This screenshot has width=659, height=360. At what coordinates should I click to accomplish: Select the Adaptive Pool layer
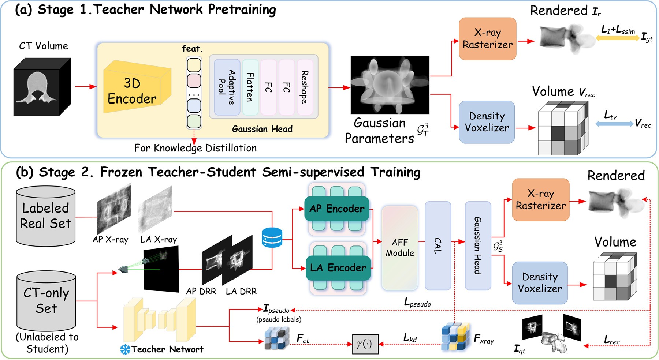227,87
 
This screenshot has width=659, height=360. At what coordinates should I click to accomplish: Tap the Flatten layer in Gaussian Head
250,87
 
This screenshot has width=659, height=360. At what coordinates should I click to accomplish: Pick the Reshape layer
305,87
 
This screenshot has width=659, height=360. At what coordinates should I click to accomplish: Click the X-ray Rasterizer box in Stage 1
488,39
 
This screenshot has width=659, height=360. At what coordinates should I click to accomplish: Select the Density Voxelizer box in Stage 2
540,283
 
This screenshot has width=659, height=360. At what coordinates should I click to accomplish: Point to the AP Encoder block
337,209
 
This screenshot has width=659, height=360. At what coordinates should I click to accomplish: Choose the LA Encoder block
338,268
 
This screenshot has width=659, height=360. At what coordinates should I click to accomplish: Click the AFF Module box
400,248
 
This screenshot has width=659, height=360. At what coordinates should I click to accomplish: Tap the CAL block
438,245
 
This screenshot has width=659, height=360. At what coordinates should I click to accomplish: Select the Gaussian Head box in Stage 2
478,245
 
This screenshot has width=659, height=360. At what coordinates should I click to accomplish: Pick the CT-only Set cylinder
46,301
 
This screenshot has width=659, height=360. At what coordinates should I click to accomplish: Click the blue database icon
272,237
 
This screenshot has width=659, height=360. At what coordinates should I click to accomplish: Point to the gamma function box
365,344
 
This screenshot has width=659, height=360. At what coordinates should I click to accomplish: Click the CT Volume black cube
42,87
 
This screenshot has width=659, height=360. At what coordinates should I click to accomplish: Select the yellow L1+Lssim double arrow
618,37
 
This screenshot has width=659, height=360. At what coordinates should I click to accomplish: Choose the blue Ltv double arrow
614,124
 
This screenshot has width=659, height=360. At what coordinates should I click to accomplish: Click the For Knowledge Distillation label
196,148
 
